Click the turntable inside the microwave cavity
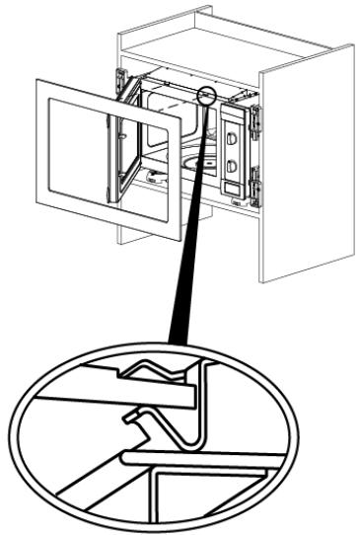pos(193,164)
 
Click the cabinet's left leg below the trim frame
pos(125,235)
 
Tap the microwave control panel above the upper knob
pos(233,115)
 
